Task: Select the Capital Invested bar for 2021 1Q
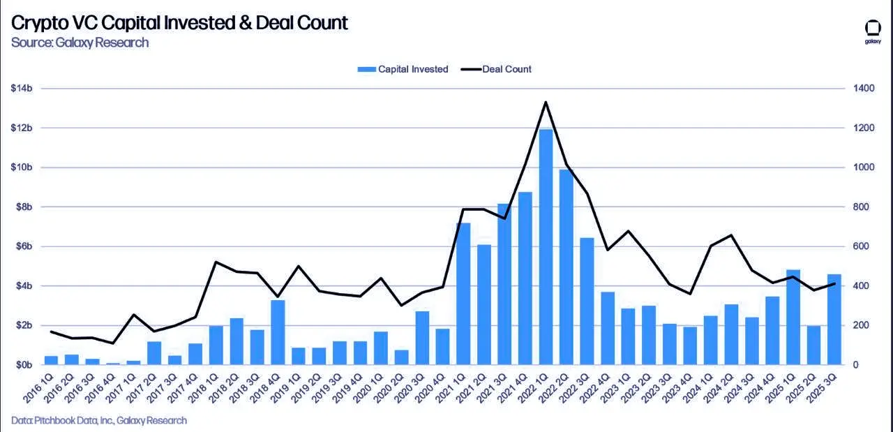463,294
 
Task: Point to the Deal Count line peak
546,102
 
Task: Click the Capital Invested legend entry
403,69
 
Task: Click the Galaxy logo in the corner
873,31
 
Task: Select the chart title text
179,22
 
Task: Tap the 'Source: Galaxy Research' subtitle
80,43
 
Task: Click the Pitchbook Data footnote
99,420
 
